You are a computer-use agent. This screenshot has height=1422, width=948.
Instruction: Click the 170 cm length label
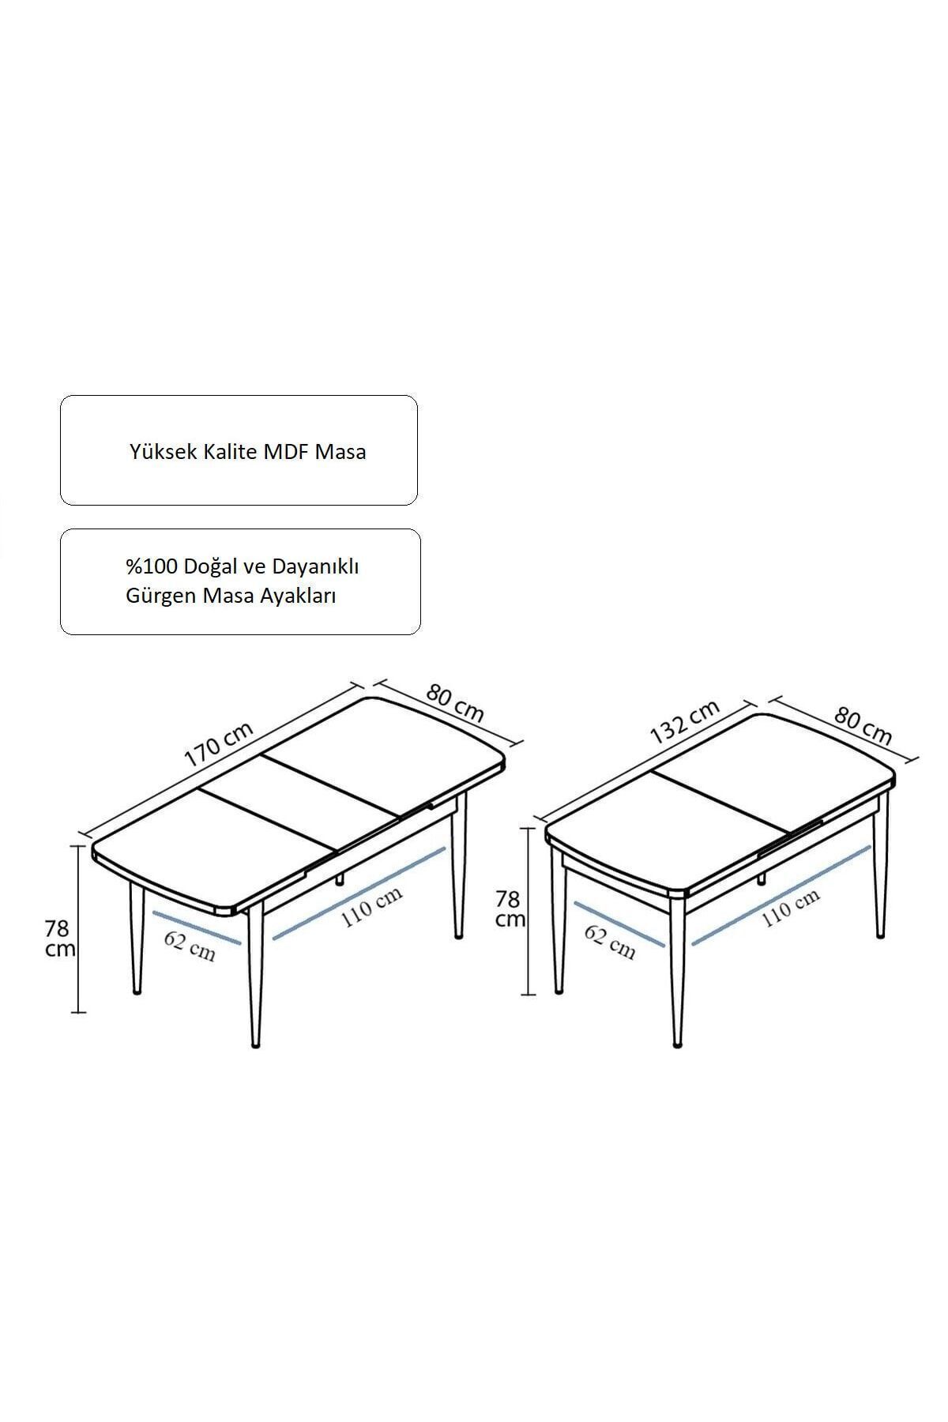tap(219, 745)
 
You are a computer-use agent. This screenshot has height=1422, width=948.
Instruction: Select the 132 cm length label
tap(684, 722)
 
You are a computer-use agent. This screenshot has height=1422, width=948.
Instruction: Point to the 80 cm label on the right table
tap(863, 727)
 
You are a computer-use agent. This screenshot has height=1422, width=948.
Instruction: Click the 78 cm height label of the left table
tap(59, 939)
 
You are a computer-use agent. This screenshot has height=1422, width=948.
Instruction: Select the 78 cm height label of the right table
tap(510, 909)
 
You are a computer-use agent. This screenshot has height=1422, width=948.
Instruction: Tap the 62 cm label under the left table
tap(190, 946)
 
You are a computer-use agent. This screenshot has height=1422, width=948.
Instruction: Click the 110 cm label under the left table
tap(371, 907)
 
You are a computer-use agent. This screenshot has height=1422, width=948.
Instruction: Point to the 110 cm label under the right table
tap(790, 907)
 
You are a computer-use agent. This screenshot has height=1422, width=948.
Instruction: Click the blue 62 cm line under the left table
tap(197, 927)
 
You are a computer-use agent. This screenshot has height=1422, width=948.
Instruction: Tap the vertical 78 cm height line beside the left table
tap(77, 928)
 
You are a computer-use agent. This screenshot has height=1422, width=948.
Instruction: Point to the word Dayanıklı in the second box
tap(315, 566)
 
